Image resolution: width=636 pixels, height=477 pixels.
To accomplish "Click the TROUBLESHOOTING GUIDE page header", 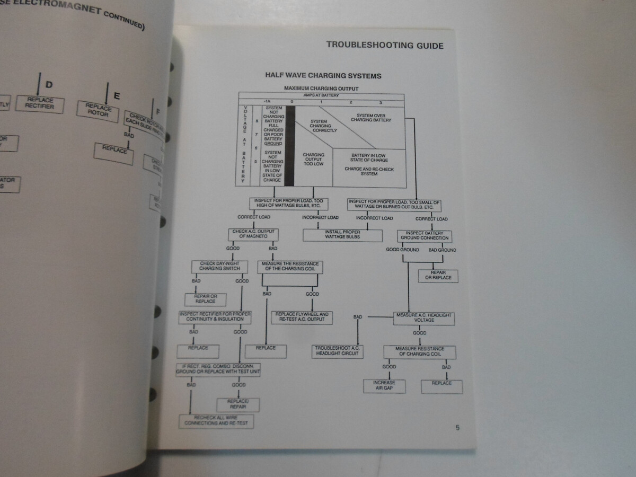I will point(384,45).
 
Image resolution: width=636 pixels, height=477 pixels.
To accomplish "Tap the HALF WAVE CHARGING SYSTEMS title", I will point(323,76).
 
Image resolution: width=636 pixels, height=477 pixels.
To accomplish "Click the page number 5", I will point(457,428).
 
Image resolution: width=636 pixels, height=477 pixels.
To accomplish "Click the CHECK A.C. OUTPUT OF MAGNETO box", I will point(254,234).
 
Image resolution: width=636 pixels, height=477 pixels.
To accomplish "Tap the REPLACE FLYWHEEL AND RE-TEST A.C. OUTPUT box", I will point(302,317).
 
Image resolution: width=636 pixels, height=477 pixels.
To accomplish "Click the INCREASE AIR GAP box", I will point(384,385).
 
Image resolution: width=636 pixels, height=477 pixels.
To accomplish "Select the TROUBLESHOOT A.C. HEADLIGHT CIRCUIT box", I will point(337,351).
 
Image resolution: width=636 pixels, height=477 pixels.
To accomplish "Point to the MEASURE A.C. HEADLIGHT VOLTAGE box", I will point(423,318).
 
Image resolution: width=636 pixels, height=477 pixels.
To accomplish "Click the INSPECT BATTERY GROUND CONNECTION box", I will point(424,235).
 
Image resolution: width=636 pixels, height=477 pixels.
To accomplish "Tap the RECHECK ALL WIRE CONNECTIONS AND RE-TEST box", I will point(216,421).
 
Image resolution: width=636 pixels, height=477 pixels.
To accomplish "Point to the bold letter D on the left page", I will point(49,85).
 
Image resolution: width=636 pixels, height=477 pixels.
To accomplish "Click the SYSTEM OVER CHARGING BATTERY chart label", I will point(374,118).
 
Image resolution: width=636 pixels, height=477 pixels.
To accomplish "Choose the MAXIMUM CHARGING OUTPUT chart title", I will point(321,88).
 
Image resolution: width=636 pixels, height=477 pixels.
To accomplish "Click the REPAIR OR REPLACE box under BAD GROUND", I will point(438,276).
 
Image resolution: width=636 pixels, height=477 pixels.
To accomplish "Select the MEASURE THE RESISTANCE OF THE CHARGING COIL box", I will point(290,266).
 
